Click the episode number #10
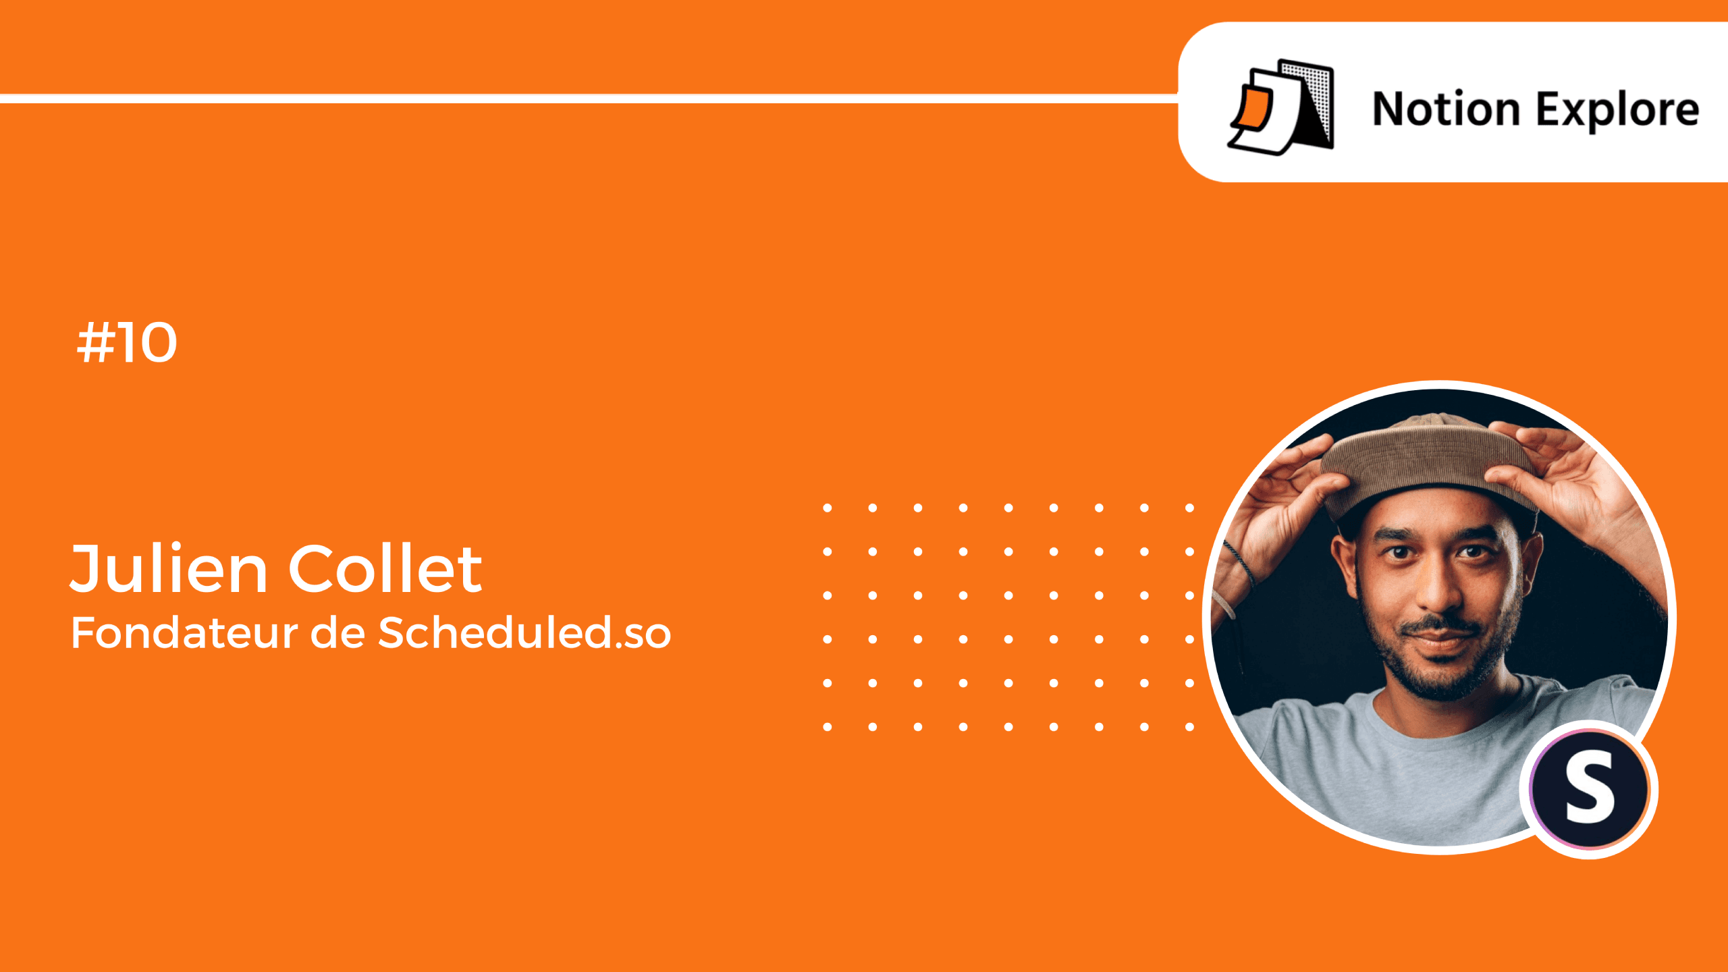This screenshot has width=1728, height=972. point(127,342)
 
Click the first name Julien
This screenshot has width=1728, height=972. point(169,568)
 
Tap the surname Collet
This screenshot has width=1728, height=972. point(385,568)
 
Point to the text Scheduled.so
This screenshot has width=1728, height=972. point(524,632)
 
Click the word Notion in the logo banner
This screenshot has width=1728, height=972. point(1446,109)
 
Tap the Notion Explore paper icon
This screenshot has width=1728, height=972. point(1280,107)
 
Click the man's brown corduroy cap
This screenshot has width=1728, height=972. point(1424,462)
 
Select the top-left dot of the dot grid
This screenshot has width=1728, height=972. point(827,508)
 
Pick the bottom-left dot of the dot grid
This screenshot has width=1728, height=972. point(827,727)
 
